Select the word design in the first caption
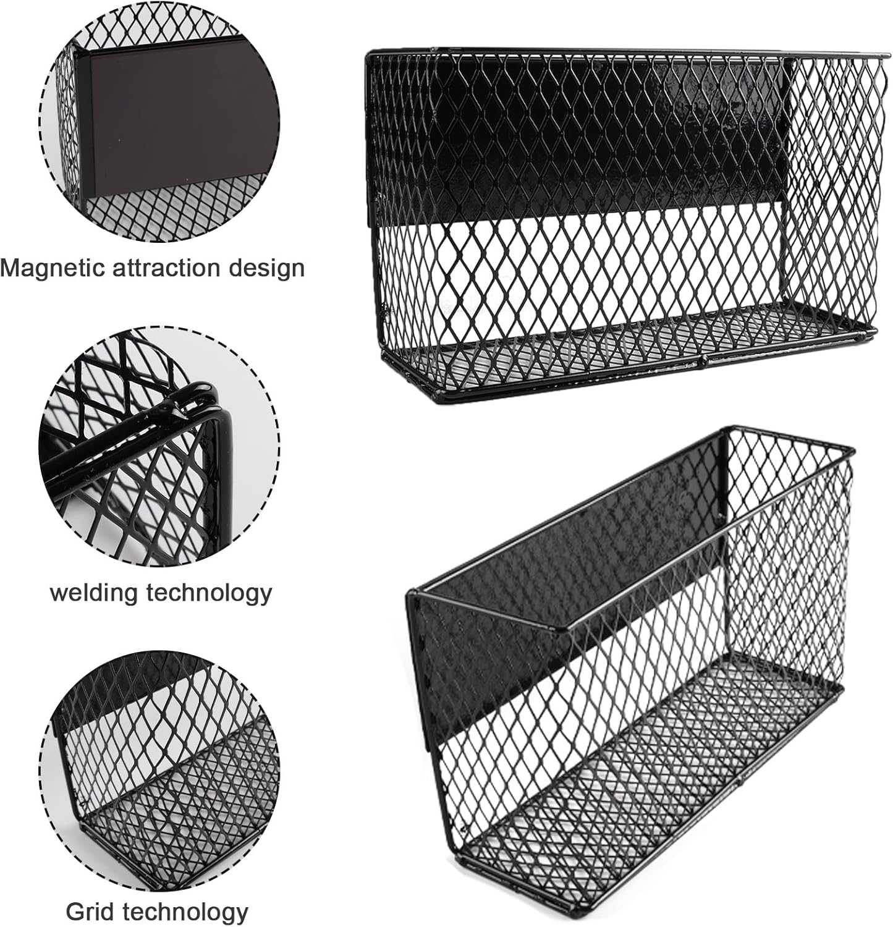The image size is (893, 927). pyautogui.click(x=269, y=268)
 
